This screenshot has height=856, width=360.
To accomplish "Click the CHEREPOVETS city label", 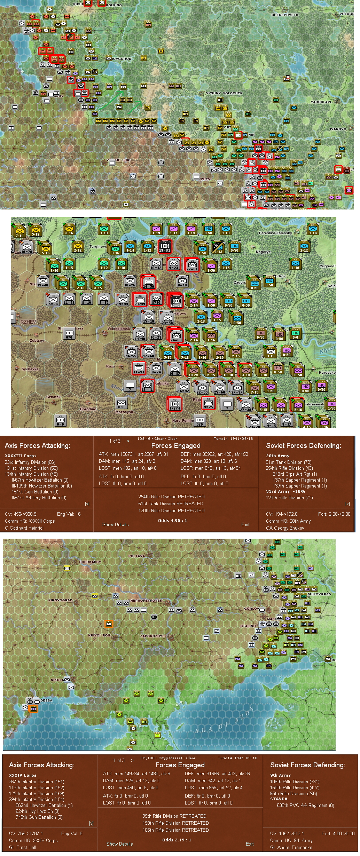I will tap(284, 15).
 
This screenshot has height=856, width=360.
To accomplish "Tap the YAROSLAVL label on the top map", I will tap(321, 102).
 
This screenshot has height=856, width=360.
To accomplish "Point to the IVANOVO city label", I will tap(338, 129).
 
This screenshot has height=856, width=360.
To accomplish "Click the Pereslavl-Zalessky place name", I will tap(275, 233).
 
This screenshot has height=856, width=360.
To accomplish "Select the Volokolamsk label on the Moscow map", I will tap(118, 328).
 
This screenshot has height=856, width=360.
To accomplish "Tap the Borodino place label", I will tap(88, 409).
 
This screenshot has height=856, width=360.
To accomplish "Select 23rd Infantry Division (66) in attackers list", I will tap(30, 462).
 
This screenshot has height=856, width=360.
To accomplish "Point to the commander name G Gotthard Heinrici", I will tap(24, 528).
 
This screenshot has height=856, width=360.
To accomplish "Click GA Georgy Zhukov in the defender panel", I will tap(285, 528).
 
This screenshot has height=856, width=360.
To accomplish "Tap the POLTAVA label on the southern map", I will tap(136, 556).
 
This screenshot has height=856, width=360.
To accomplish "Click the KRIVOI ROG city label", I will tap(99, 635).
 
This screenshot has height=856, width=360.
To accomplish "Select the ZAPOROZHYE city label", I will tap(152, 636).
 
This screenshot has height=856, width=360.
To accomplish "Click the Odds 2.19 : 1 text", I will tap(177, 840).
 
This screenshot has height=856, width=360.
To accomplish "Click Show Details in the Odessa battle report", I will tap(119, 844).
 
